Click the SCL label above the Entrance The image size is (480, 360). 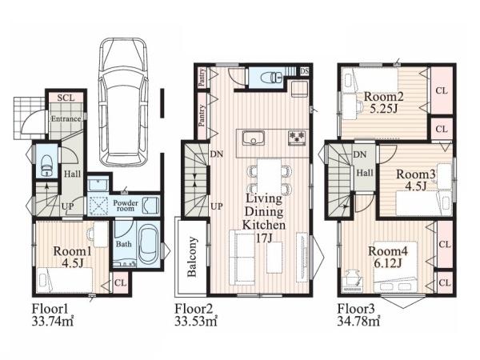[x=66, y=98]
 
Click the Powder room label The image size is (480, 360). [x=126, y=206]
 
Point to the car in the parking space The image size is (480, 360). [x=124, y=102]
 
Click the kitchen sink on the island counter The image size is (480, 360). [x=254, y=138]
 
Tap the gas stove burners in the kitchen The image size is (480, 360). [x=297, y=138]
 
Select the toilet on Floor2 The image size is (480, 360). [x=272, y=77]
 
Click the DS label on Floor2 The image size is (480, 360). [x=304, y=71]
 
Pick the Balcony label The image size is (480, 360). [x=192, y=257]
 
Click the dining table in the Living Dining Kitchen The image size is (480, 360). [x=269, y=176]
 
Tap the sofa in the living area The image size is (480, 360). [x=242, y=257]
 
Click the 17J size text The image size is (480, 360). [x=264, y=238]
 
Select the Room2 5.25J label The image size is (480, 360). [x=383, y=102]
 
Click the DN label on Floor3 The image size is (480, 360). [x=360, y=154]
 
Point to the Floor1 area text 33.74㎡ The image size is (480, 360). [x=53, y=322]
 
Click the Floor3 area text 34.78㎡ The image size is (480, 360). [x=358, y=322]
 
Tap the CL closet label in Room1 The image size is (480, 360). [x=120, y=283]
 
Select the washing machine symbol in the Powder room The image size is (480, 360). [x=98, y=205]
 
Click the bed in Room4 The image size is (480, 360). [x=395, y=266]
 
